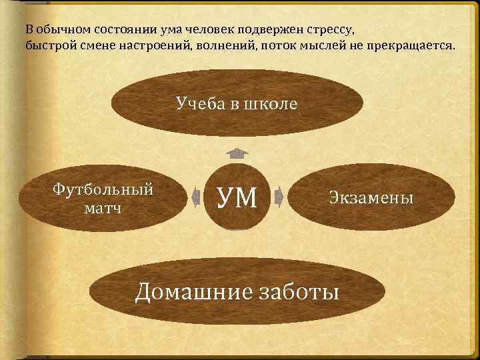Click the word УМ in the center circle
[237, 197]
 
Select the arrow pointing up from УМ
[237, 153]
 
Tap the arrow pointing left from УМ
[197, 197]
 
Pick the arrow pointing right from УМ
[279, 197]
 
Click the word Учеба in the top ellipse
[198, 103]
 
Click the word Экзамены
[371, 197]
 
